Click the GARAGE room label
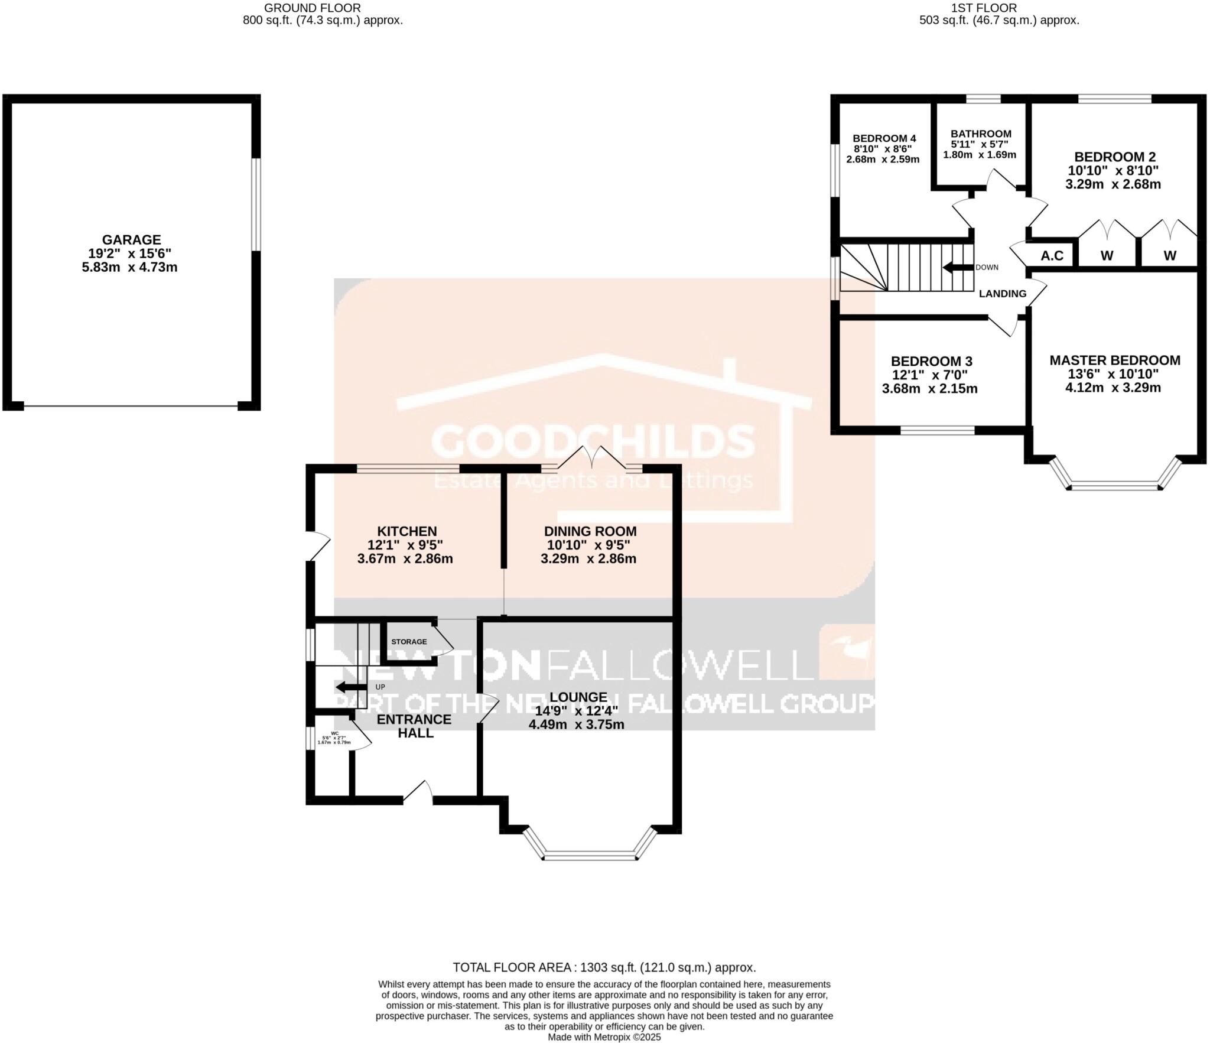(131, 239)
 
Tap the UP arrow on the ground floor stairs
(350, 687)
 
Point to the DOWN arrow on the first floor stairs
(957, 267)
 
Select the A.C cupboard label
(1052, 255)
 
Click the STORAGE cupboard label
(409, 642)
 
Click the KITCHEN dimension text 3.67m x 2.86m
(405, 558)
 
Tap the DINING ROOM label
(590, 531)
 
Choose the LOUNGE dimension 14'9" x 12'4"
(576, 711)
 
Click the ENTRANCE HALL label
(414, 726)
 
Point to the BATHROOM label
(981, 134)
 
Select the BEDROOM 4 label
(884, 138)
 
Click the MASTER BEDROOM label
(1114, 360)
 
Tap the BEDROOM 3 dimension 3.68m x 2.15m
(929, 388)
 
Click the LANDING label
(1003, 293)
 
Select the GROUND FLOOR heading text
(312, 8)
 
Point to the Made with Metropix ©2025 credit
(604, 1036)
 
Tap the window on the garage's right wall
(255, 204)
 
